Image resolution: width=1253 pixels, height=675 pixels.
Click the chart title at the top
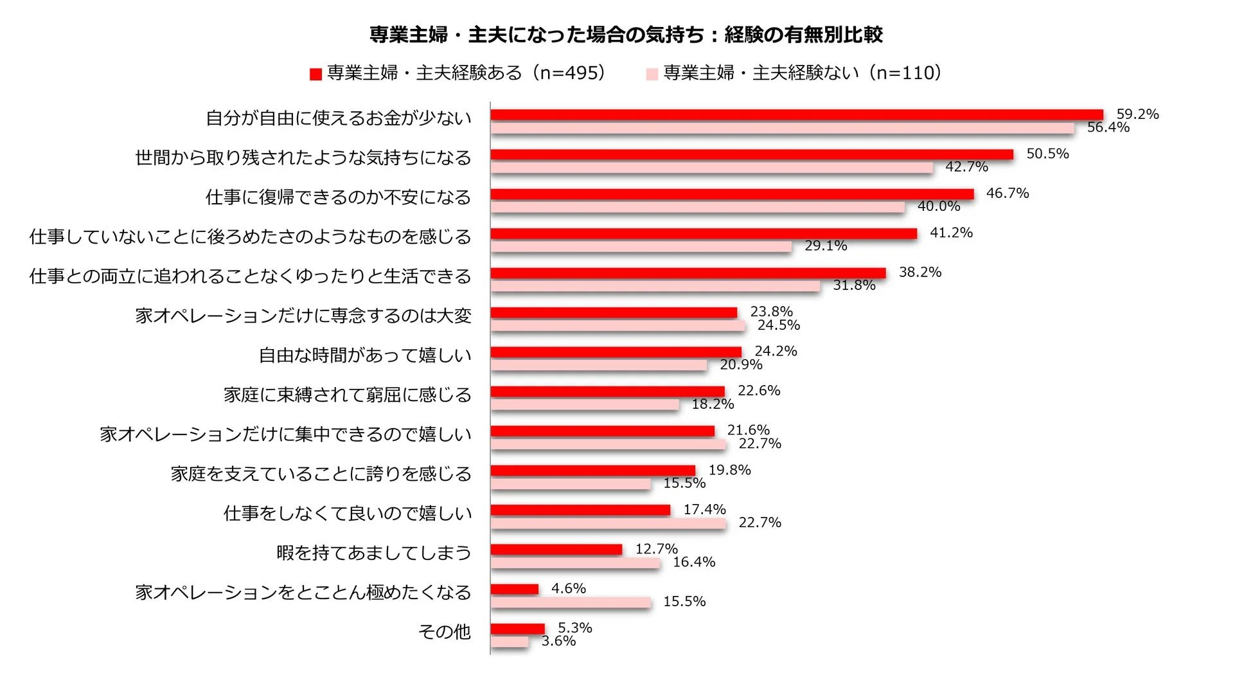[x=626, y=35]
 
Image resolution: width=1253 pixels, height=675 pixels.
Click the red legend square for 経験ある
[x=315, y=75]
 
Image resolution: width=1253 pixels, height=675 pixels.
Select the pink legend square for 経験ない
[x=652, y=75]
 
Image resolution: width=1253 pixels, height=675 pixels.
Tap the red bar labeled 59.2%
[x=796, y=115]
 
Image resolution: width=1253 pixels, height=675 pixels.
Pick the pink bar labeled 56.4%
[x=782, y=129]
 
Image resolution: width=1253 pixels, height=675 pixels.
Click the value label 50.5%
[x=1047, y=154]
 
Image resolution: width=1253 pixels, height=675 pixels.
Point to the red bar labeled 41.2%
[x=704, y=233]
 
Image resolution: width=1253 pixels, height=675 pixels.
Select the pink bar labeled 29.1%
[x=641, y=247]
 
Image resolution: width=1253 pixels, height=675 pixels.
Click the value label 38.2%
[x=920, y=273]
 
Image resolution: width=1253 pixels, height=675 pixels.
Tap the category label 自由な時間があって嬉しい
[x=365, y=355]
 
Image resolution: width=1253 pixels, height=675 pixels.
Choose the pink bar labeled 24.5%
[x=618, y=326]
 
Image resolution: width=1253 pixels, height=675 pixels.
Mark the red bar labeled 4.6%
[x=514, y=589]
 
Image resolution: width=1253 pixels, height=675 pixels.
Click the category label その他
[x=445, y=632]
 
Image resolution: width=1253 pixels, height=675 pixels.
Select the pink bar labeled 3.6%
[x=510, y=642]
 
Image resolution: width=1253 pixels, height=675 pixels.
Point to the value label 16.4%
[x=694, y=562]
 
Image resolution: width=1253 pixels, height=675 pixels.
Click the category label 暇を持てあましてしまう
[x=374, y=553]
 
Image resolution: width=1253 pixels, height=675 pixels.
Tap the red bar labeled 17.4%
[x=580, y=510]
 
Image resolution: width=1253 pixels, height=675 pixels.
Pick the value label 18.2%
[x=713, y=404]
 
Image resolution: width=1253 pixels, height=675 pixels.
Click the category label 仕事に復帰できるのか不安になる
[x=338, y=197]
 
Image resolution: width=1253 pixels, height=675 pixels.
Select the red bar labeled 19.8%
[x=592, y=471]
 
